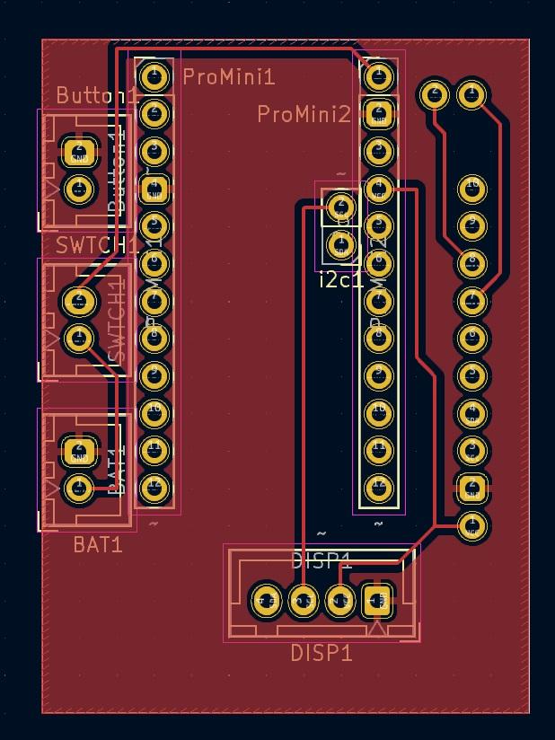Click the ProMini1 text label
228,77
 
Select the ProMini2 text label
304,115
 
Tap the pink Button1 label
97,95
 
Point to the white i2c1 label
341,280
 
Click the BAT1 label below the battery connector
98,544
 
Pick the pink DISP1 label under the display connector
321,653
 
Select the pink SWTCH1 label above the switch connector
98,245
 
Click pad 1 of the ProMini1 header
154,75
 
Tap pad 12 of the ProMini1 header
154,487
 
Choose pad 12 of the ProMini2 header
379,487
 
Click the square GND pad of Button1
79,151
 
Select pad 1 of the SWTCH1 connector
79,338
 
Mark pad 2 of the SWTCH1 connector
79,300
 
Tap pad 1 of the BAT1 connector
79,488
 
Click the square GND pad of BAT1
79,450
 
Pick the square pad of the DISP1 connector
377,600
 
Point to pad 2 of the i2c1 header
340,207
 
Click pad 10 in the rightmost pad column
472,188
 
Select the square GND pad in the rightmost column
472,488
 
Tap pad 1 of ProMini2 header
379,76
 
